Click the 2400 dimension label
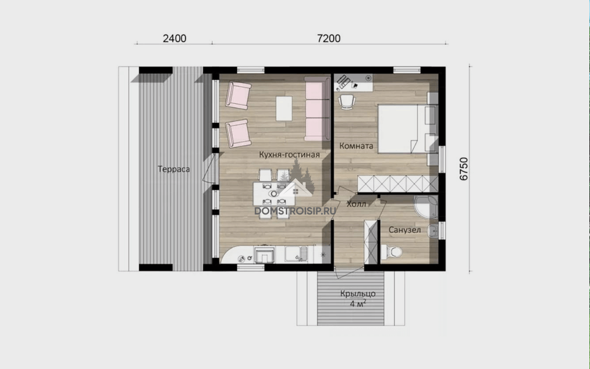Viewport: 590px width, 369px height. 174,39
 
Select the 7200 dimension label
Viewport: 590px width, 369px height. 329,39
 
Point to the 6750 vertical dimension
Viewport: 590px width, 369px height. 464,169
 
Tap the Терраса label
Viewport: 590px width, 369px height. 173,169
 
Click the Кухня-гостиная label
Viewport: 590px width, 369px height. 289,155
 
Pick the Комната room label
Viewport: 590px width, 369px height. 356,146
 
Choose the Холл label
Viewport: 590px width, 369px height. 356,204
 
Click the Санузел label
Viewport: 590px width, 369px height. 404,229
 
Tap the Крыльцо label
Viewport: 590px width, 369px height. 358,293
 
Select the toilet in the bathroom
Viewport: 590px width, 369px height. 391,251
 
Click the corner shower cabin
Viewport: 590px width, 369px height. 426,206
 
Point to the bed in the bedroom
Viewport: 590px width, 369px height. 407,129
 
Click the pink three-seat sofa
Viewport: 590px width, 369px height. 317,109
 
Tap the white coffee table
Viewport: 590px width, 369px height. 284,108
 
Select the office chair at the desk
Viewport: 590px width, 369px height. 346,101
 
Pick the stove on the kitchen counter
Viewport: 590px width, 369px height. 264,254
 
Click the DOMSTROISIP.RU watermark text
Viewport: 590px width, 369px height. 295,211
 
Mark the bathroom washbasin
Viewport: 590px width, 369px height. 433,231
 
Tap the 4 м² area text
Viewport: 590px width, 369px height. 358,303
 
